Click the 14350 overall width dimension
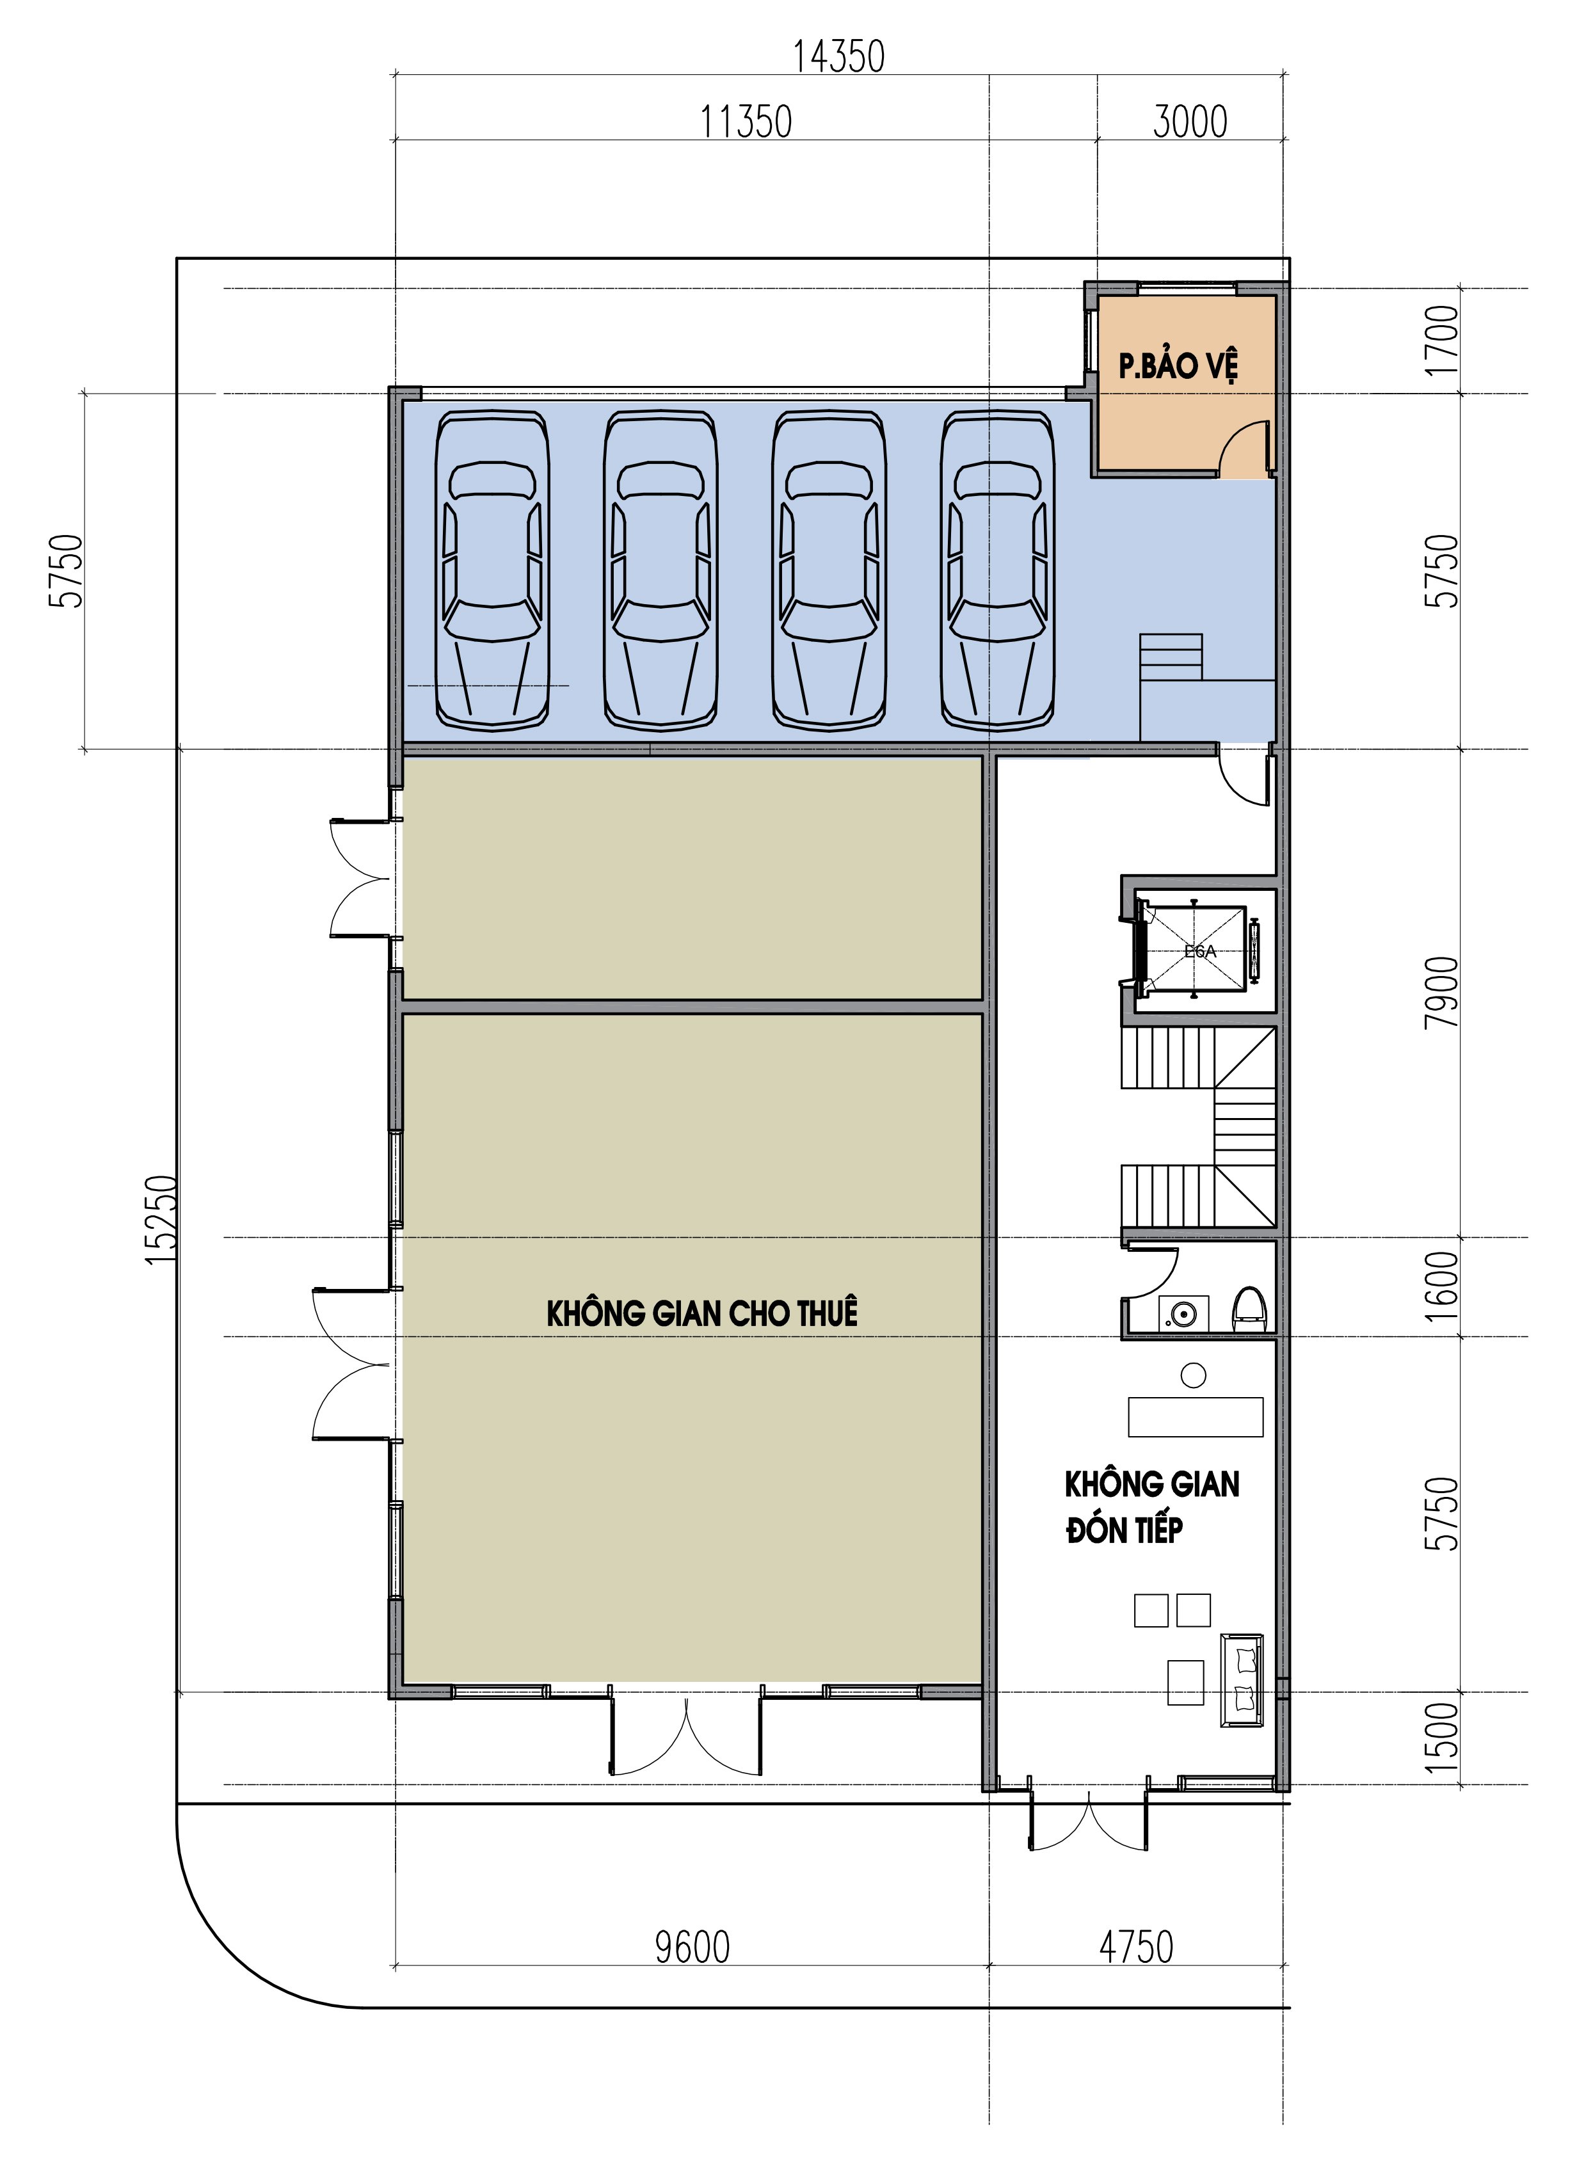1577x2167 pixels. pyautogui.click(x=839, y=56)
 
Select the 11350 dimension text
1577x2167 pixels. pyautogui.click(x=746, y=122)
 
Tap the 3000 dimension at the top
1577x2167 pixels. pyautogui.click(x=1190, y=122)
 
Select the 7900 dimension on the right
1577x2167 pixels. pyautogui.click(x=1443, y=992)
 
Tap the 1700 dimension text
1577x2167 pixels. pyautogui.click(x=1443, y=340)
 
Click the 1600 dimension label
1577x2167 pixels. pyautogui.click(x=1443, y=1287)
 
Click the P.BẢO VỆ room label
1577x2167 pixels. pyautogui.click(x=1178, y=366)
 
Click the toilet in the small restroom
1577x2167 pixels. pyautogui.click(x=1249, y=1309)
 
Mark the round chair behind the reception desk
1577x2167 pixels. pyautogui.click(x=1194, y=1376)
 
